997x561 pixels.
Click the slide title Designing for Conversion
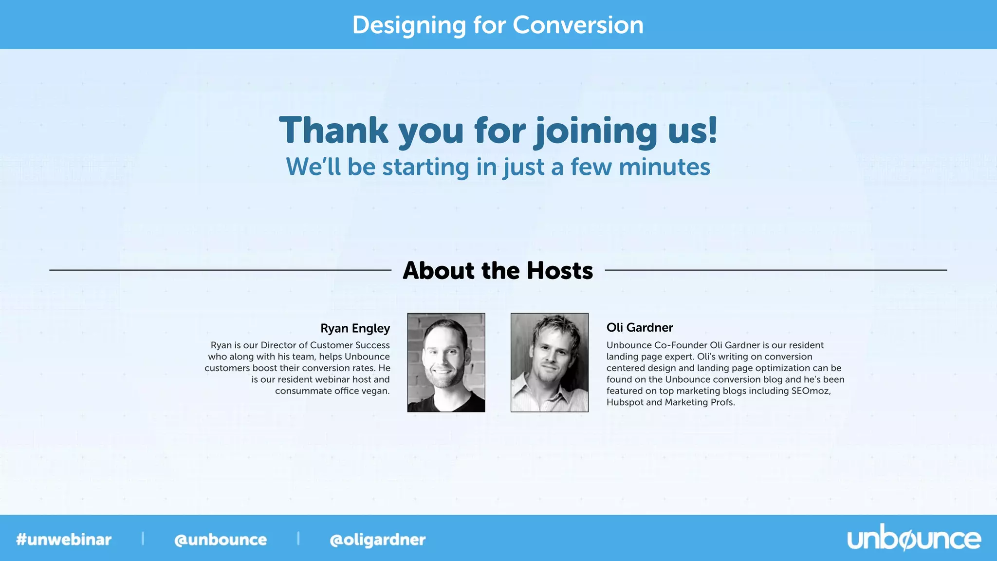pyautogui.click(x=498, y=25)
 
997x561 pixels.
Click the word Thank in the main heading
pyautogui.click(x=333, y=131)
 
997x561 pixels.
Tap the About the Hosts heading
pyautogui.click(x=498, y=270)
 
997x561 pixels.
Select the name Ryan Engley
pyautogui.click(x=355, y=328)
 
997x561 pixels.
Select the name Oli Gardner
pyautogui.click(x=640, y=327)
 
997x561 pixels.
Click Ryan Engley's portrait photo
pyautogui.click(x=446, y=362)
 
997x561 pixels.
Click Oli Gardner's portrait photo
pyautogui.click(x=549, y=362)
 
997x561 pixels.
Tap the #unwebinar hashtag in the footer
pyautogui.click(x=64, y=540)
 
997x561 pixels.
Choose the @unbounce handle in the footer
pyautogui.click(x=221, y=540)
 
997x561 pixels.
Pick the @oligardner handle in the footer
pyautogui.click(x=377, y=540)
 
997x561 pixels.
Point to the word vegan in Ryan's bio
pyautogui.click(x=375, y=391)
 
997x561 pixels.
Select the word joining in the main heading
pyautogui.click(x=596, y=131)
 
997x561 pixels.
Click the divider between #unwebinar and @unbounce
pyautogui.click(x=143, y=539)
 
